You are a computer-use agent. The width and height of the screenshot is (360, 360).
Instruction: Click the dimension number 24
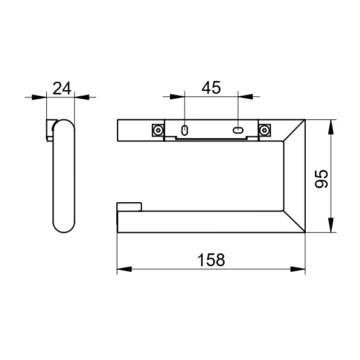62,88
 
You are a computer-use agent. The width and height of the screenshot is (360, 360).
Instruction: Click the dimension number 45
211,88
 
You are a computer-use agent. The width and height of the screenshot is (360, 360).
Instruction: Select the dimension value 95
322,179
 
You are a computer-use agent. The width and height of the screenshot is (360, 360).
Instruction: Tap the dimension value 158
211,260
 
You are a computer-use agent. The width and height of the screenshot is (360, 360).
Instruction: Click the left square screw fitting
158,130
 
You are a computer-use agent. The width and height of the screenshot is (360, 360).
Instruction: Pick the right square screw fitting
264,130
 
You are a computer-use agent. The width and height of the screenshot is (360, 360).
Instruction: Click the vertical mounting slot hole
185,130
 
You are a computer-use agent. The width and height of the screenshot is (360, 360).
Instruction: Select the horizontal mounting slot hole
238,130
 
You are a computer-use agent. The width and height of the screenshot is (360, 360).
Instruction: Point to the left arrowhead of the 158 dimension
124,269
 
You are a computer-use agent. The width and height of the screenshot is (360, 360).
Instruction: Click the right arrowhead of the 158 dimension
298,269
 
